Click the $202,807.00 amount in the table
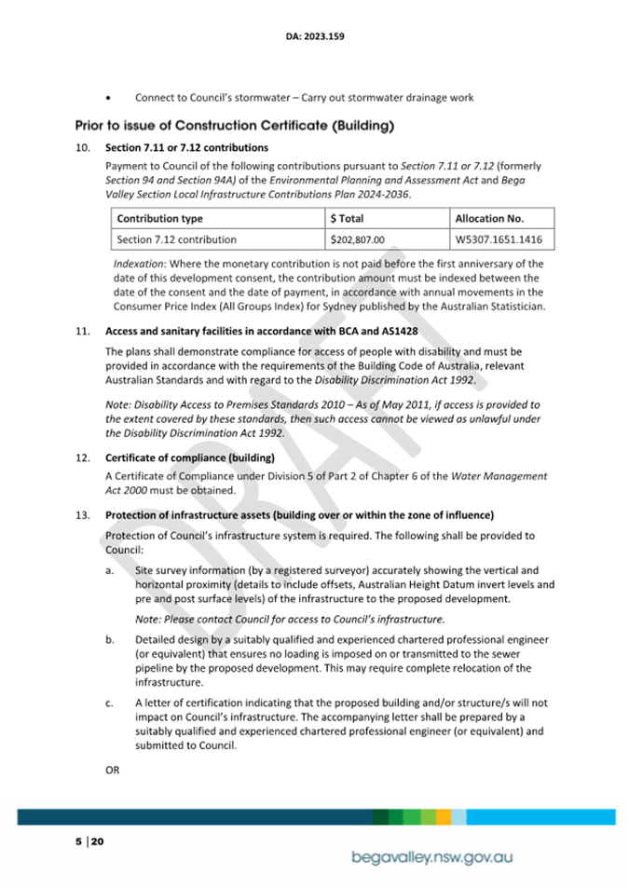358,239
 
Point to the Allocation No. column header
489,218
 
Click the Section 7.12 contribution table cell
176,239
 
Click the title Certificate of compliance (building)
190,458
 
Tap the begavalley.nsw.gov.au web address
431,856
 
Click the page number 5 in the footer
78,841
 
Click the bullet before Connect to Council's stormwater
111,97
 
